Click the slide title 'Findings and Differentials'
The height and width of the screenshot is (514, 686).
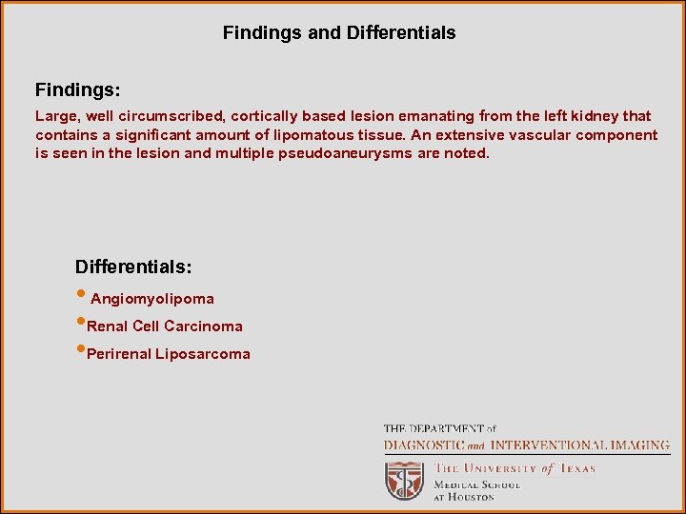pyautogui.click(x=339, y=33)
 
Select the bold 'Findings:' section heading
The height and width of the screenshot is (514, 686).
pyautogui.click(x=77, y=90)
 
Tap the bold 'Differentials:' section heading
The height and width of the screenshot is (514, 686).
pyautogui.click(x=133, y=266)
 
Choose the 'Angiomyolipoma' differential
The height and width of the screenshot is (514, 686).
pyautogui.click(x=151, y=299)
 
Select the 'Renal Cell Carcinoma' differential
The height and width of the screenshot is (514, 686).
pyautogui.click(x=164, y=326)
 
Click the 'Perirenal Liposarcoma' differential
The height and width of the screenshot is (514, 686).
pyautogui.click(x=168, y=354)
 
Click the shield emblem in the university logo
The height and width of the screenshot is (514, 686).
pyautogui.click(x=403, y=481)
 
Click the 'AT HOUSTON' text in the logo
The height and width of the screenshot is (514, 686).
pyautogui.click(x=465, y=497)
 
